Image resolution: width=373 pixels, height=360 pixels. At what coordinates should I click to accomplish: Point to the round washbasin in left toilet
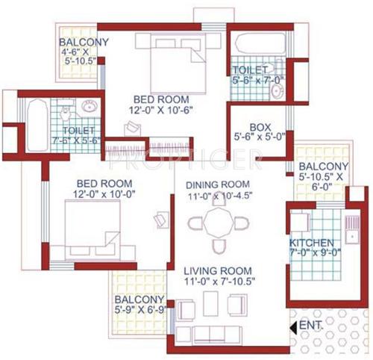pos(90,106)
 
